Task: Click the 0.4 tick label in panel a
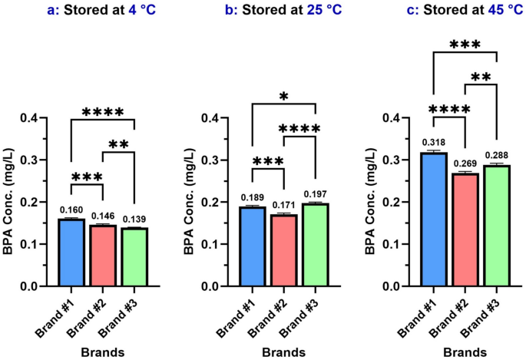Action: pyautogui.click(x=40, y=117)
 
